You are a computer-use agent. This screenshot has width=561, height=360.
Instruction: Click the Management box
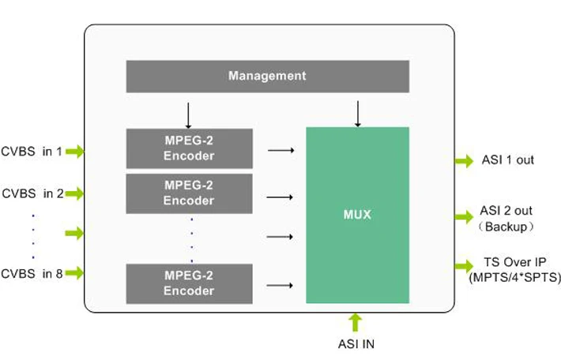click(267, 77)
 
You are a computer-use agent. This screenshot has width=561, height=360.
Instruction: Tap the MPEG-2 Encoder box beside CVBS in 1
click(189, 148)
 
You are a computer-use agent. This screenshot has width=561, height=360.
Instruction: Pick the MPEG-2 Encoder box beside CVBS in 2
click(189, 193)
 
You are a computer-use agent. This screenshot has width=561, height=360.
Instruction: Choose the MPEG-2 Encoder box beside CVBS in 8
click(189, 283)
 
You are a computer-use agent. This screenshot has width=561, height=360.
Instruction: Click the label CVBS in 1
click(32, 151)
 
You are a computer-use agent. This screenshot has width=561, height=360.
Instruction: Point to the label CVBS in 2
click(32, 193)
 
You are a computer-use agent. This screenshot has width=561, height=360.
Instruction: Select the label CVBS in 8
click(32, 274)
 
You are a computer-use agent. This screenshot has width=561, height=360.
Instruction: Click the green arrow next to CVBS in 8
click(74, 274)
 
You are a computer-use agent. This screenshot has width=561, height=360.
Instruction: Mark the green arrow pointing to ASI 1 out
click(464, 161)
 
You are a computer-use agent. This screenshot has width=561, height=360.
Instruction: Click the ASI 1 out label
click(507, 160)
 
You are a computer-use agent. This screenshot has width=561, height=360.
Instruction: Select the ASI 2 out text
click(506, 211)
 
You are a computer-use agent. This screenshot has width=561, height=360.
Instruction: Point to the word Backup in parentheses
click(506, 227)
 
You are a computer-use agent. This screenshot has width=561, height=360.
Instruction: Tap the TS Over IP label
click(514, 263)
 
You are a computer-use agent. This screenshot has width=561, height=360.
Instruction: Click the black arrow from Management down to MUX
click(357, 114)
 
